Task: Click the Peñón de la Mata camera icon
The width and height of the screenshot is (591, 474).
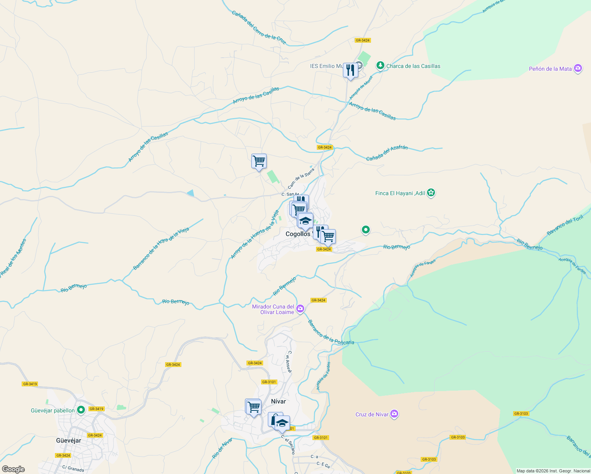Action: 578,68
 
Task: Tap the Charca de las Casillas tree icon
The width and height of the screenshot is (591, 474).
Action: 380,66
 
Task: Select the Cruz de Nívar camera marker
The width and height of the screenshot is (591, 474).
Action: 394,414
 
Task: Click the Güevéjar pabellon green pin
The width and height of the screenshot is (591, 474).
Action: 81,410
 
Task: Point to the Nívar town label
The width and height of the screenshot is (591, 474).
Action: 278,401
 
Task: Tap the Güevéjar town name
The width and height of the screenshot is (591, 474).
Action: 68,440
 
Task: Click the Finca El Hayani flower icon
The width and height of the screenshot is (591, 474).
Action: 431,193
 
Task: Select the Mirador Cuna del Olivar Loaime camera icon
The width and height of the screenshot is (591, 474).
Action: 300,308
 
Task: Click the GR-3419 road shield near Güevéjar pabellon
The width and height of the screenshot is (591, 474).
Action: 96,409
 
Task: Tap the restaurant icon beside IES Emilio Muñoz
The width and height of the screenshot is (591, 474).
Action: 350,70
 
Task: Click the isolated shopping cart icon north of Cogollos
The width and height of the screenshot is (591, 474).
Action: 259,161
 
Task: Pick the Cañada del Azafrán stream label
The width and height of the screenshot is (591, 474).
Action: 387,153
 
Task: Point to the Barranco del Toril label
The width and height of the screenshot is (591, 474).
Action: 565,226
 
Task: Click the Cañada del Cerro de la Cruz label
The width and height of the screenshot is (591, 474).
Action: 258,27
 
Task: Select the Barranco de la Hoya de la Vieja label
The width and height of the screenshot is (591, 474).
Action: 161,249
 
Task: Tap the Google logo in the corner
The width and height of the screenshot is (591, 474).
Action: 13,469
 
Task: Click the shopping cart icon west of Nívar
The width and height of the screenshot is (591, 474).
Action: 253,406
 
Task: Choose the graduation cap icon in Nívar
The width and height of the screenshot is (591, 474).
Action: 282,423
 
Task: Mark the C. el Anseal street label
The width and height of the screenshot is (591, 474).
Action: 289,361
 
